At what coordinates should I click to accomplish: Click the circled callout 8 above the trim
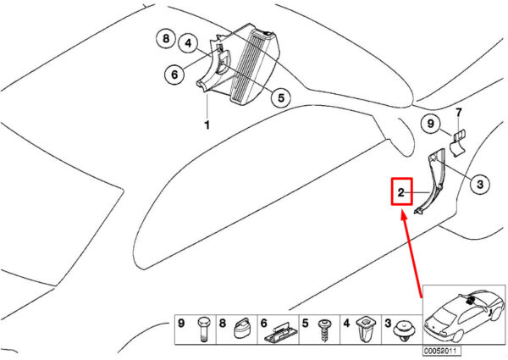(166, 39)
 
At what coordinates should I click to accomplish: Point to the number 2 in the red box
(400, 194)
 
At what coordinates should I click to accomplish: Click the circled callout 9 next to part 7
(431, 125)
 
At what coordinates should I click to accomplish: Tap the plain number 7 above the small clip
(458, 112)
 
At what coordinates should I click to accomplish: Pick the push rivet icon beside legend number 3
(404, 331)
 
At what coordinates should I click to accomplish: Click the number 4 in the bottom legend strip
(345, 323)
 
